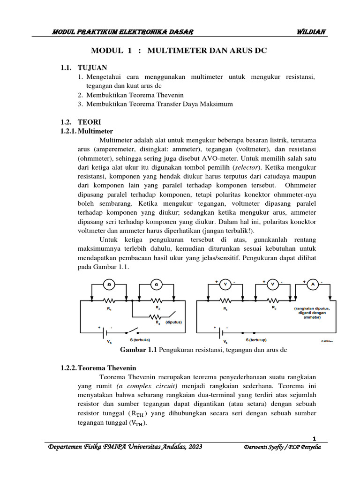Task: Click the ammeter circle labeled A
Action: (x=313, y=285)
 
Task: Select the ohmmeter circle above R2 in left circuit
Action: (x=156, y=285)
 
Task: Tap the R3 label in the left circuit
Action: (x=158, y=322)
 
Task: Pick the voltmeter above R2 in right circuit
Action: (x=272, y=285)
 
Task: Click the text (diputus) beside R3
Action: (x=173, y=322)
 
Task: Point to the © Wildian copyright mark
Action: (x=327, y=341)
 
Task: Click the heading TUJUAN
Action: (x=92, y=67)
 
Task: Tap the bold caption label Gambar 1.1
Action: (x=139, y=350)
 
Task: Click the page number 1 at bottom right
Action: (x=315, y=438)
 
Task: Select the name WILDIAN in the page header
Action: (x=311, y=31)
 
